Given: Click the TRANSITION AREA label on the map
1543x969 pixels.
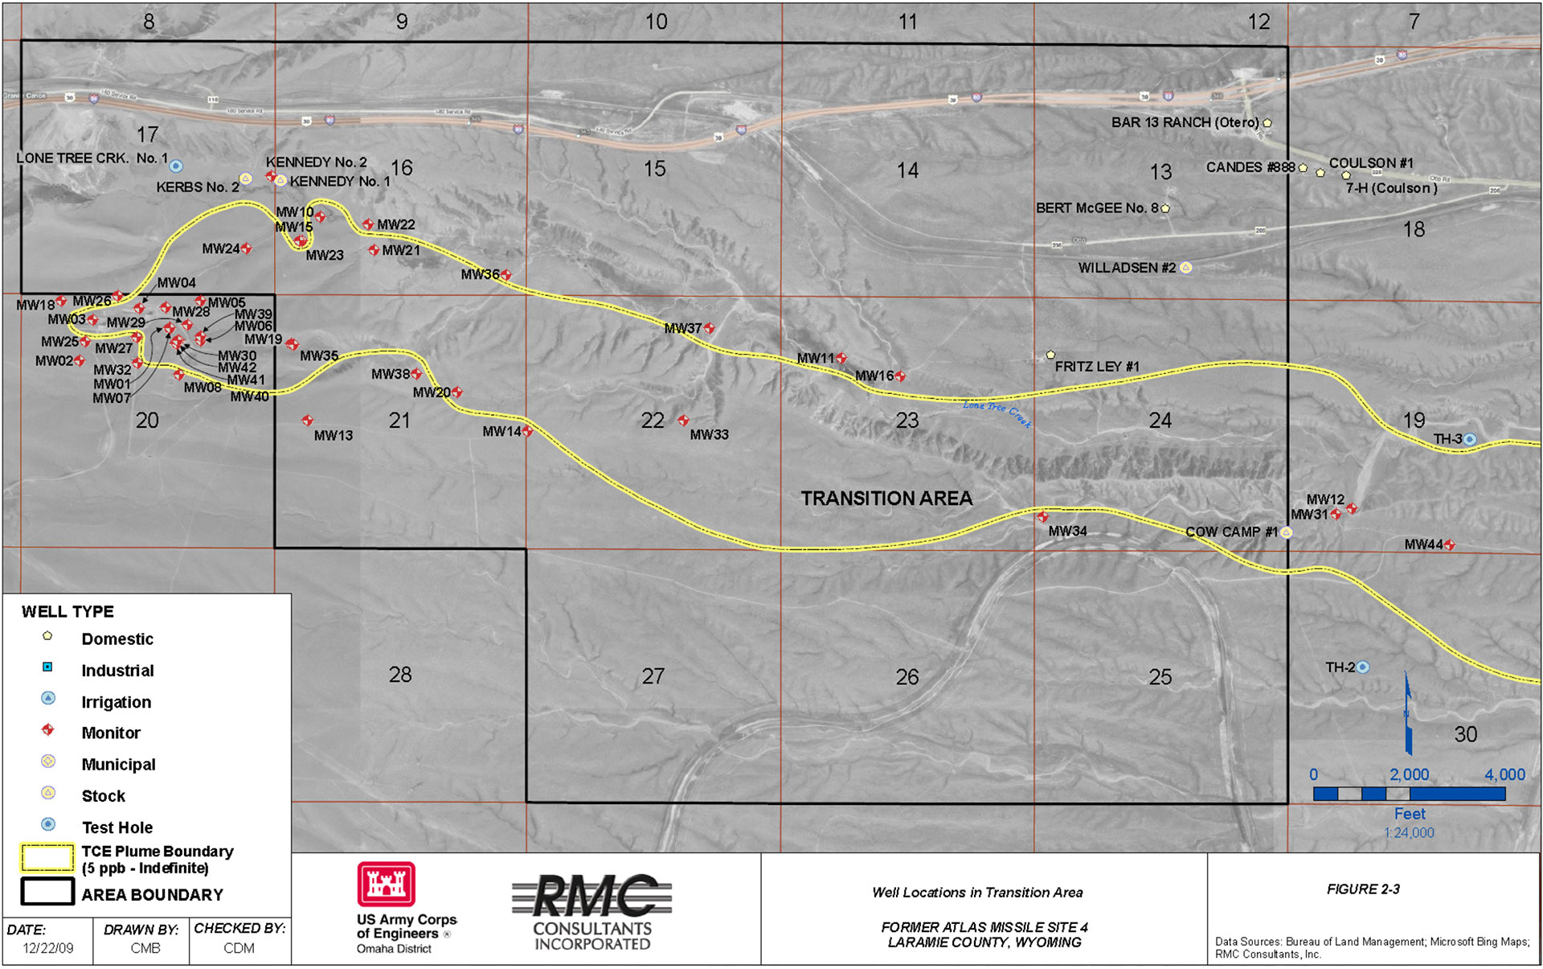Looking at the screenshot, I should (886, 499).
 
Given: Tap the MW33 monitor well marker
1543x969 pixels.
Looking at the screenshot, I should (683, 421).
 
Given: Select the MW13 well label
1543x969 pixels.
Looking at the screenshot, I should (334, 436).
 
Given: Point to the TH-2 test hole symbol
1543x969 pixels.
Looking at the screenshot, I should (1363, 667).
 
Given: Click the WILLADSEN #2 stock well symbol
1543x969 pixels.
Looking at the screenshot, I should (1185, 268).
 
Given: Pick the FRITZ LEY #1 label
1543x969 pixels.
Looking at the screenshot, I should (1097, 367).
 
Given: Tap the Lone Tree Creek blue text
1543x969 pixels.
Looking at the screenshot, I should (997, 413).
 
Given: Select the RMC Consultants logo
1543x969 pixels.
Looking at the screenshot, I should (592, 911).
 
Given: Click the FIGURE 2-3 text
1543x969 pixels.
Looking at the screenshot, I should (1363, 889).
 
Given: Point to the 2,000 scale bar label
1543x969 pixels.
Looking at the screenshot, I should (1410, 774).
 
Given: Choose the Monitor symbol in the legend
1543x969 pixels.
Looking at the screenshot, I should (48, 730).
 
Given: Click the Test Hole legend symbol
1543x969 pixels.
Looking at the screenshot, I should (48, 824).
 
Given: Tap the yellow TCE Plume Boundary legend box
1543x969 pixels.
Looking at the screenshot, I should (47, 859).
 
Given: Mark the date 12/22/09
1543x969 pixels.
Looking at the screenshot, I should (48, 948).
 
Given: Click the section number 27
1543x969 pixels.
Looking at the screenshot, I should (653, 676).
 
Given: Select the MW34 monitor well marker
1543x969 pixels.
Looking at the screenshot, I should (1042, 517).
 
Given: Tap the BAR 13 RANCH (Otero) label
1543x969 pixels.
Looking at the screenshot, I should (1185, 122).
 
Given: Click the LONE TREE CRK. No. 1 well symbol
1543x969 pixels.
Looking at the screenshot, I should (176, 166).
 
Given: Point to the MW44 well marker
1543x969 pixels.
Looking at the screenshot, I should (1450, 544).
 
